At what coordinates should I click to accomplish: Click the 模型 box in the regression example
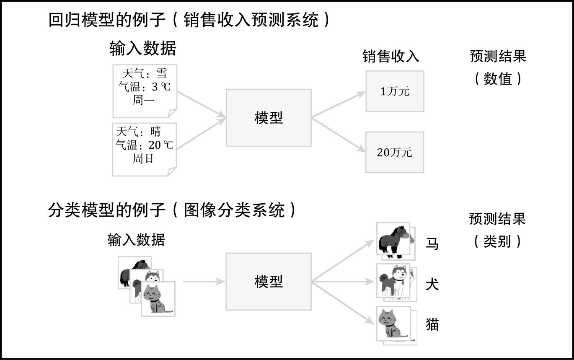[x=269, y=118]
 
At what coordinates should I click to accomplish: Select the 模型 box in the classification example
[x=269, y=281]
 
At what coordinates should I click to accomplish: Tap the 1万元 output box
[x=395, y=91]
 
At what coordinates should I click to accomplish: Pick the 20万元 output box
[x=395, y=152]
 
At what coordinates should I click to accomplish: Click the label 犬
[x=432, y=285]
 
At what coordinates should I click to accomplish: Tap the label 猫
[x=432, y=324]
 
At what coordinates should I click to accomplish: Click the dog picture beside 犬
[x=393, y=280]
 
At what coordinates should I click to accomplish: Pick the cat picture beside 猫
[x=393, y=324]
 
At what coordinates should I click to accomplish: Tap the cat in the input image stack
[x=158, y=299]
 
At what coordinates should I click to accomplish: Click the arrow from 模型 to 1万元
[x=339, y=104]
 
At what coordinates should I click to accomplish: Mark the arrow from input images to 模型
[x=204, y=282]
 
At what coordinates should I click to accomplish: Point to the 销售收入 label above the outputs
[x=391, y=56]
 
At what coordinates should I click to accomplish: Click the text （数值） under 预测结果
[x=498, y=78]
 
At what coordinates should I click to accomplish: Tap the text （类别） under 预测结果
[x=498, y=241]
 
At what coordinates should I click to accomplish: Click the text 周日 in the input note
[x=143, y=159]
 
